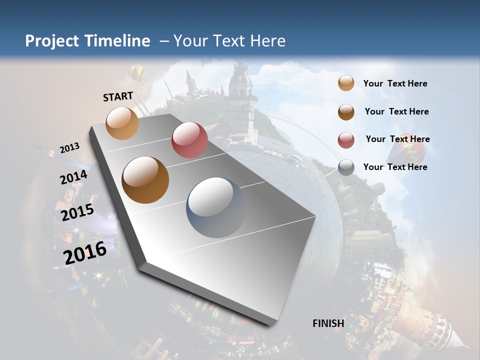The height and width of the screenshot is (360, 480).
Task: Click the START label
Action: [x=118, y=96]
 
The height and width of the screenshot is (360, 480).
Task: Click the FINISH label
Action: [x=328, y=323]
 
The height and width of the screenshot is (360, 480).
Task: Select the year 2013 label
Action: [x=69, y=148]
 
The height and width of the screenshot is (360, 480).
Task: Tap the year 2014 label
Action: [x=73, y=177]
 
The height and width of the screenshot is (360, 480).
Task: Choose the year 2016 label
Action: [x=85, y=252]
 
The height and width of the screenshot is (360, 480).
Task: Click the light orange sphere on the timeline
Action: [x=122, y=123]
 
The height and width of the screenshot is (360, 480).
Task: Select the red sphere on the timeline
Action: [x=189, y=140]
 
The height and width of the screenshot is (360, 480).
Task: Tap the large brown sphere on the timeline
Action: [x=145, y=180]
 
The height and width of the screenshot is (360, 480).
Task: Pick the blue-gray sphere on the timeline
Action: [x=216, y=207]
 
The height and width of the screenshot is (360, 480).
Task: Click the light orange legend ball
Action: [x=346, y=83]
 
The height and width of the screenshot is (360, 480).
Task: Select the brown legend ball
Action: [x=346, y=111]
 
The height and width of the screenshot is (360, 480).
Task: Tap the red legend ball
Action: [x=346, y=140]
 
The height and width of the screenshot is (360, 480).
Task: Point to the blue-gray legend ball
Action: [x=346, y=167]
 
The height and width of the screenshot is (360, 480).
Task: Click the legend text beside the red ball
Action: [x=397, y=139]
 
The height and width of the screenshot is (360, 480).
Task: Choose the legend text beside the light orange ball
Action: [x=395, y=83]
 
